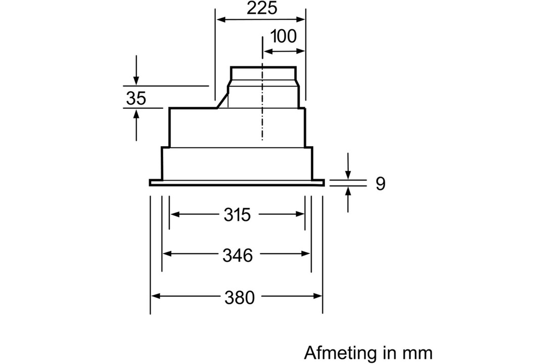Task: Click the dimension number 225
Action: pos(262,8)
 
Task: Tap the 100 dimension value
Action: pos(284,36)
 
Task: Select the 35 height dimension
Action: pos(136,98)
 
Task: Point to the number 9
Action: pos(380,184)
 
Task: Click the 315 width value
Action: pos(237,215)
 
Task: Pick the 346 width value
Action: pos(238,255)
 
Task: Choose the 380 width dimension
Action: pos(240,297)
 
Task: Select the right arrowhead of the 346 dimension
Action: pos(306,254)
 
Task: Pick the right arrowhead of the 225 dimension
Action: pos(300,19)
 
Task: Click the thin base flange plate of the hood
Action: pos(237,183)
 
